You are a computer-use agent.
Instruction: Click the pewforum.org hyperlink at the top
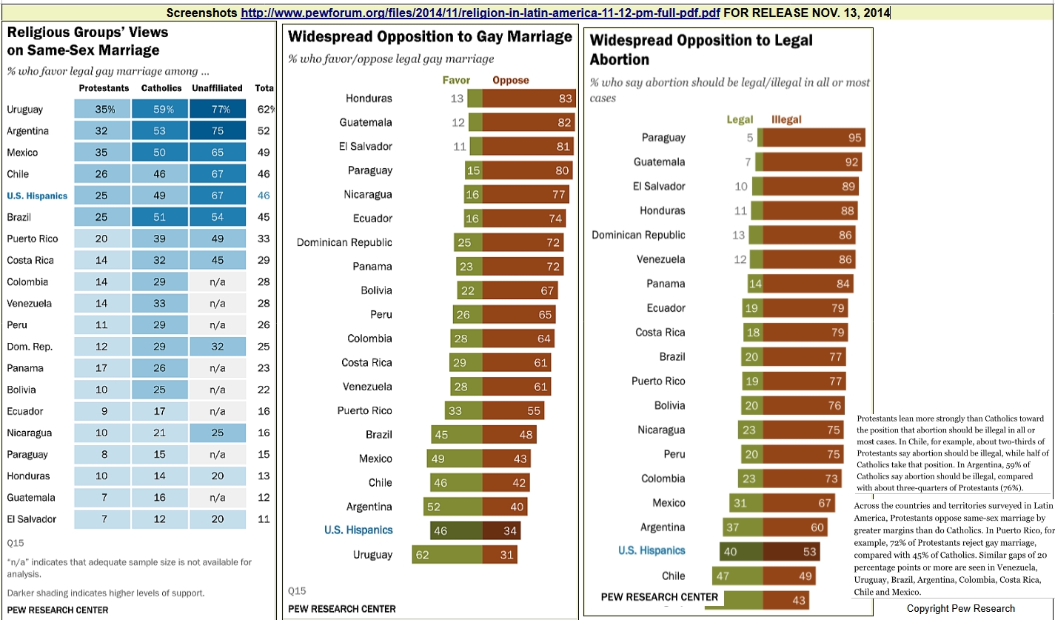tap(480, 13)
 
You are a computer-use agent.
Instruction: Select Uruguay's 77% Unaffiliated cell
tap(217, 110)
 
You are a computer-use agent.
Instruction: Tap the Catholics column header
tap(161, 88)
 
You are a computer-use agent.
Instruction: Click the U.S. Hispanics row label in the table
tap(37, 196)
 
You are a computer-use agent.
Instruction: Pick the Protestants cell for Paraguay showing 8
tap(104, 454)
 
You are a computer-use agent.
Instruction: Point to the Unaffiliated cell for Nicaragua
tap(217, 433)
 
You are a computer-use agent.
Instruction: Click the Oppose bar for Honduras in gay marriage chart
tap(529, 99)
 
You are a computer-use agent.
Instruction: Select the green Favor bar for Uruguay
tap(449, 554)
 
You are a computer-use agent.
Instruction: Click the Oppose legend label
tap(511, 80)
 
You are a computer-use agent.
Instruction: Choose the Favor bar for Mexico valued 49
tap(455, 459)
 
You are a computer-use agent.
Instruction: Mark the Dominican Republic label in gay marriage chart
tap(344, 242)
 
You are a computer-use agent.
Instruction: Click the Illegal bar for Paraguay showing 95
tap(814, 137)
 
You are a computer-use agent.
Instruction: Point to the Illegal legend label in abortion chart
tap(786, 119)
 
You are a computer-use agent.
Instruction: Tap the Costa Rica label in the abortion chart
tap(660, 332)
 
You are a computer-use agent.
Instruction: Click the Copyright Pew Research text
tap(961, 609)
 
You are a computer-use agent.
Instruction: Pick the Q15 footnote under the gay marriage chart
tap(295, 591)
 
